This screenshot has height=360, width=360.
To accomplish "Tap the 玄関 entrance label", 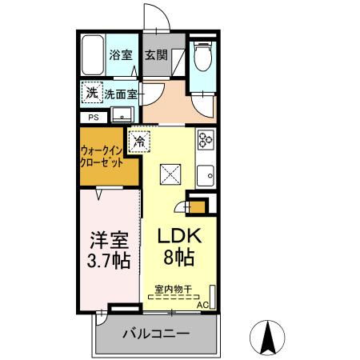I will tap(156, 56).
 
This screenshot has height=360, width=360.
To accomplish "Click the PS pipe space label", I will tap(94, 117).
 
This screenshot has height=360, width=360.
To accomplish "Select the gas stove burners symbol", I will tap(206, 141).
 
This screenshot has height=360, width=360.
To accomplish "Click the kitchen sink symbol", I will tap(207, 173).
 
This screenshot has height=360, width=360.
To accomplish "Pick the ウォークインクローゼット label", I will tap(102, 155).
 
